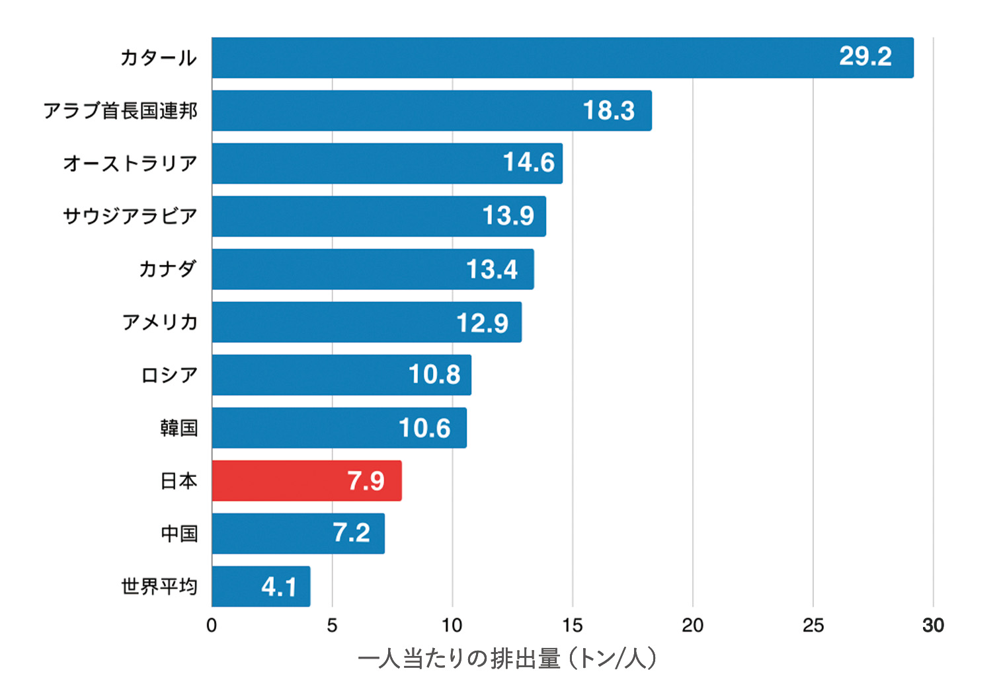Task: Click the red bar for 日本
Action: point(306,480)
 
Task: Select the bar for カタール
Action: point(562,57)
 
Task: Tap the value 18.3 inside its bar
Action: point(608,110)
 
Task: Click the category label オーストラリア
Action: point(130,163)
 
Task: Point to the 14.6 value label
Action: point(528,163)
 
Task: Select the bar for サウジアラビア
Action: point(378,216)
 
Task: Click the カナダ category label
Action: point(167,269)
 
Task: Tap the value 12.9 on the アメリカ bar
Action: point(482,322)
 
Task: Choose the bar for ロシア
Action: point(341,375)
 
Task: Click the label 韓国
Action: point(179,427)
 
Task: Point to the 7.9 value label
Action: point(366,480)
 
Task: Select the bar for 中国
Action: point(298,533)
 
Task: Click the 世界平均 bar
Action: point(260,586)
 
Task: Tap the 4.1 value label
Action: point(278,587)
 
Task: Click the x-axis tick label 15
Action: point(572,625)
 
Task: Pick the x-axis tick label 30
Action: point(933,625)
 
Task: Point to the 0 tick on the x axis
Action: point(212,625)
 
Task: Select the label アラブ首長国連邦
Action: point(120,110)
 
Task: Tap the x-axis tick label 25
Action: point(813,625)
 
